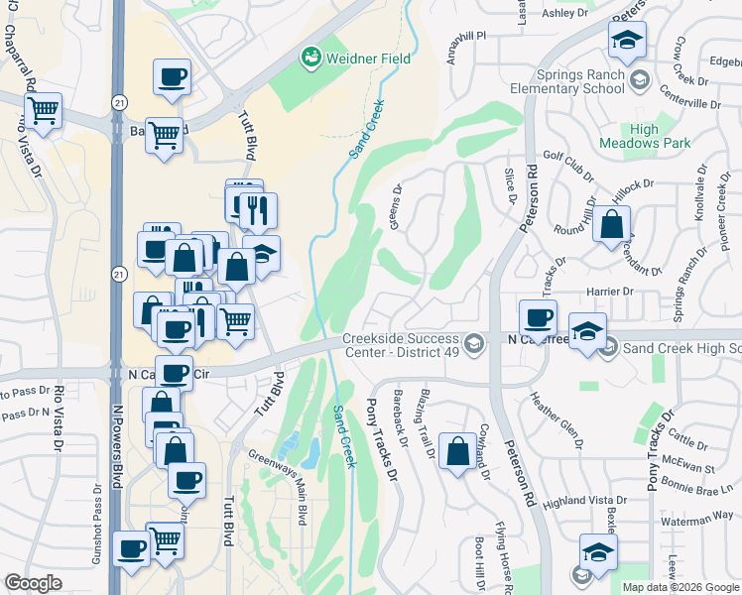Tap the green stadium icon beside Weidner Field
pyautogui.click(x=311, y=59)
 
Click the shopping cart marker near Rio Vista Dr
pyautogui.click(x=43, y=111)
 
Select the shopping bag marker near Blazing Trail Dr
pyautogui.click(x=456, y=451)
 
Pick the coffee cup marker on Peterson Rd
pyautogui.click(x=538, y=317)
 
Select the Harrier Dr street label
pyautogui.click(x=610, y=291)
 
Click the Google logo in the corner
pyautogui.click(x=34, y=583)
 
